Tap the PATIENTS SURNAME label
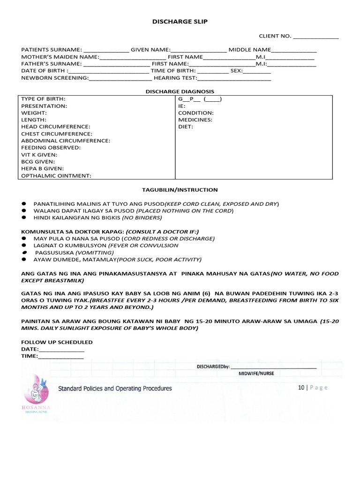tap(52, 50)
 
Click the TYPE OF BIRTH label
tap(43, 99)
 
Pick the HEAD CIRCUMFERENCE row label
tap(55, 127)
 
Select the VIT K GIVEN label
tap(39, 155)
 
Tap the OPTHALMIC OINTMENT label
tap(56, 176)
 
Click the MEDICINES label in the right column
tap(195, 120)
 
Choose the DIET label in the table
tap(186, 127)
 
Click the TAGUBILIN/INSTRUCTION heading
tap(180, 190)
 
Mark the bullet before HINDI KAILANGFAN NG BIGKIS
tap(24, 218)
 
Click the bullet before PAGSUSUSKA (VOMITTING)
tap(24, 252)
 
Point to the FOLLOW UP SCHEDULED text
tap(57, 342)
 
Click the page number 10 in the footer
tap(301, 388)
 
